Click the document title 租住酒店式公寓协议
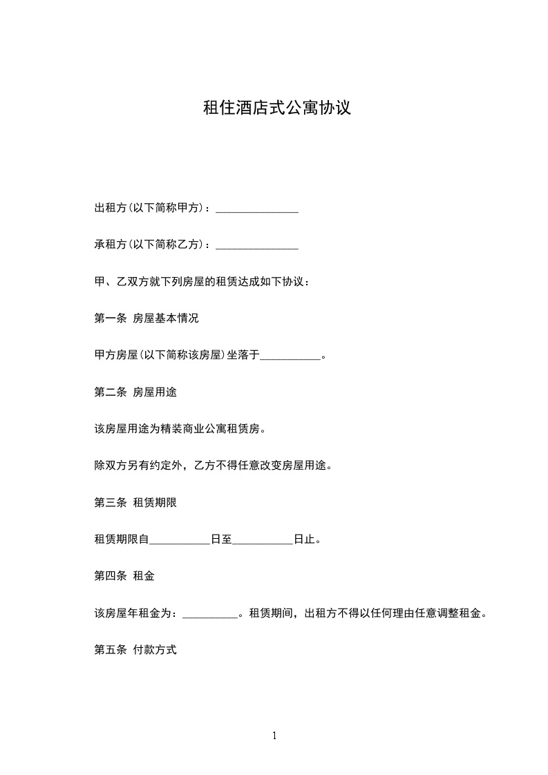276,108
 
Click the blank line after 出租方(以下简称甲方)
257,209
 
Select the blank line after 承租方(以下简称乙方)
257,245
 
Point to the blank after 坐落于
291,356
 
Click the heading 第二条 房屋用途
135,393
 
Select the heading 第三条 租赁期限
135,504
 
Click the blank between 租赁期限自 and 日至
180,540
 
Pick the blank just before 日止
263,540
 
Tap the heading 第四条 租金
124,577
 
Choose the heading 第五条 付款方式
135,651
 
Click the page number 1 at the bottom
274,736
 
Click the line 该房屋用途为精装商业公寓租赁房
180,430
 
